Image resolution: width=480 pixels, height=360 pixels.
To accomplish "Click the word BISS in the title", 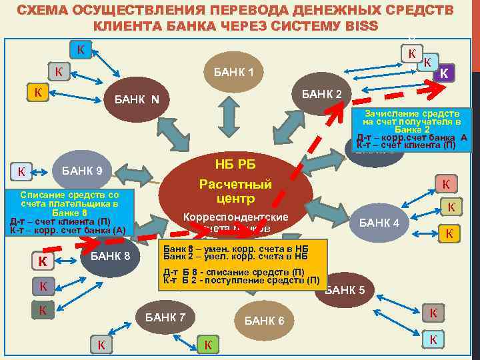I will click(359, 26).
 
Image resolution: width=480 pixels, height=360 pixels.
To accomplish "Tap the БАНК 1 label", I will click(234, 71).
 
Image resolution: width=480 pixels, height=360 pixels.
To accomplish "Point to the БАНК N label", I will click(137, 101).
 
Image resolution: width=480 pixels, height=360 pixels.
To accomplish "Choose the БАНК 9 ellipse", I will click(82, 171).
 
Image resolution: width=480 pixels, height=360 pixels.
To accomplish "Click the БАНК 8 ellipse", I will click(111, 255).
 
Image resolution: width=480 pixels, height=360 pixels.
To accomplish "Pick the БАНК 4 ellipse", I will click(379, 223).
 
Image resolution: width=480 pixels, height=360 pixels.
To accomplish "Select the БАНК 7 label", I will click(165, 316).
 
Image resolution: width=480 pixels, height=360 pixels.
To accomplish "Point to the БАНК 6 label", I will click(265, 321).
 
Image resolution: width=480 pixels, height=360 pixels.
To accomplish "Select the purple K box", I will click(444, 72).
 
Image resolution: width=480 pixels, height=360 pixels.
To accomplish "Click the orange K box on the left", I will click(37, 92).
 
